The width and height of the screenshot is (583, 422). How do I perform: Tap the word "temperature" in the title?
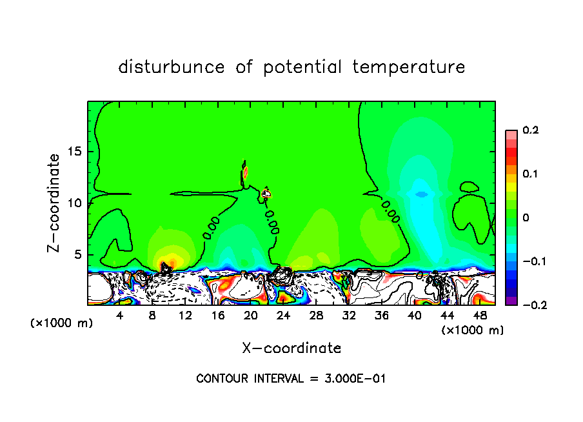tap(409, 67)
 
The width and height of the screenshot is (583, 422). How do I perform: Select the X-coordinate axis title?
tap(291, 348)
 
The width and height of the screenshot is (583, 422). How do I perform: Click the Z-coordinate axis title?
tap(56, 203)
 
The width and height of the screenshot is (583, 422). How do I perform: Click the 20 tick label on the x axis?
tap(251, 316)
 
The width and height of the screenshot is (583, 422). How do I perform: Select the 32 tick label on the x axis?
tap(349, 316)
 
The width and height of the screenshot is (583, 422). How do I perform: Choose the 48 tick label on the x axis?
tap(480, 316)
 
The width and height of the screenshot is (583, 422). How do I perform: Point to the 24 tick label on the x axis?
tap(284, 316)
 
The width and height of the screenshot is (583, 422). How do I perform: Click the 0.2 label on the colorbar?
tap(530, 130)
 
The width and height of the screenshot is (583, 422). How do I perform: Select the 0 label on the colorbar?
tap(526, 218)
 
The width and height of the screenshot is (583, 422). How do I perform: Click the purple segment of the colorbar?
tap(511, 300)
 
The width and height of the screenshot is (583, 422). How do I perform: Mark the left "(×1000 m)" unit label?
tap(62, 323)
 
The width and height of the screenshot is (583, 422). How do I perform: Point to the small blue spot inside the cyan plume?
tap(421, 194)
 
